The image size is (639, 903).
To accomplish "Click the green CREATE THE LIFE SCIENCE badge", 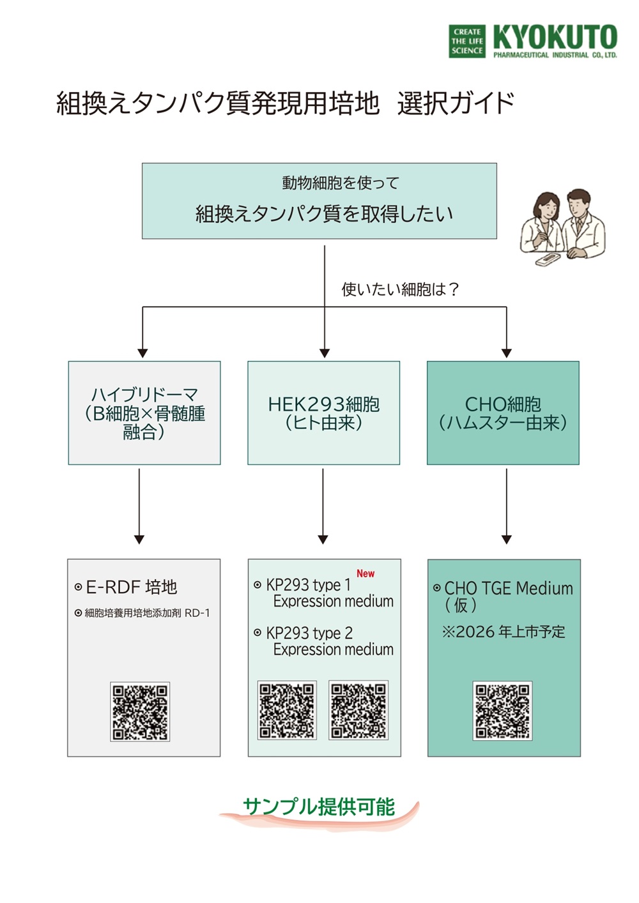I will click(x=467, y=42).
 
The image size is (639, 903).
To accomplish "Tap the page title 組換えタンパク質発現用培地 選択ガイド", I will click(x=285, y=103).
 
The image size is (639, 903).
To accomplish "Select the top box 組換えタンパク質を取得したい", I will click(x=319, y=201).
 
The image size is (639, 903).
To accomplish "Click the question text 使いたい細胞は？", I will click(x=400, y=289).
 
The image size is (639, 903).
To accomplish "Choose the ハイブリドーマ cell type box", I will click(x=144, y=413).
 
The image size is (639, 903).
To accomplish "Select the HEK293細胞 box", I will click(x=323, y=413).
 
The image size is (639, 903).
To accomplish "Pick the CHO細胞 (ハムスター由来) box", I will click(x=503, y=413).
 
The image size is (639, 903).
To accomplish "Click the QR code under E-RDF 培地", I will click(x=140, y=711).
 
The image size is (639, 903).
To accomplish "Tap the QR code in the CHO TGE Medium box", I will click(x=502, y=710).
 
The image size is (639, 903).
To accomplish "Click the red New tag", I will click(x=366, y=573).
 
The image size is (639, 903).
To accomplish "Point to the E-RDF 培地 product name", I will click(x=131, y=587).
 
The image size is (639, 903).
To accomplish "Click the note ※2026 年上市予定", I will click(x=504, y=632).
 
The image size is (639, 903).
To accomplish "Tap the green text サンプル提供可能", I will click(x=319, y=807).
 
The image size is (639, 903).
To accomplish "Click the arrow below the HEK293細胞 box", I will click(x=323, y=506).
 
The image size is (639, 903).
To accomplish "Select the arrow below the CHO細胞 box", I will click(x=507, y=506).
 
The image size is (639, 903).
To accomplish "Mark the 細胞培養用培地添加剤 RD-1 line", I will click(x=146, y=613).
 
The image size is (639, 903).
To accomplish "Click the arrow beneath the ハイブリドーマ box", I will click(x=139, y=506).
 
